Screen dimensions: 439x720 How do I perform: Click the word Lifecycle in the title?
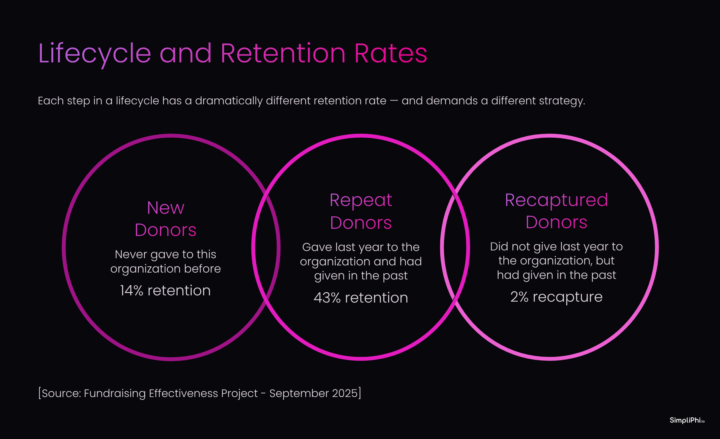click(94, 54)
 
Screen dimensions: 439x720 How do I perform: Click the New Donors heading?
click(166, 219)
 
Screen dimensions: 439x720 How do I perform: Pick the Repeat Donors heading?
click(361, 211)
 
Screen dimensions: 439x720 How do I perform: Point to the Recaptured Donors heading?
click(556, 211)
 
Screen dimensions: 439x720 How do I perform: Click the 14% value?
click(132, 291)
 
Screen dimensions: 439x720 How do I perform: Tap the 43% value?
click(327, 298)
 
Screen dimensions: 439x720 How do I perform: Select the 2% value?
click(519, 297)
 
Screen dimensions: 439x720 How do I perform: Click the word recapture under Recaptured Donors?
click(568, 297)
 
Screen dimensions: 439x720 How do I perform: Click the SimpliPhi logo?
click(687, 420)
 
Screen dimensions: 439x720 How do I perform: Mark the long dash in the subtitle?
click(394, 101)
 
